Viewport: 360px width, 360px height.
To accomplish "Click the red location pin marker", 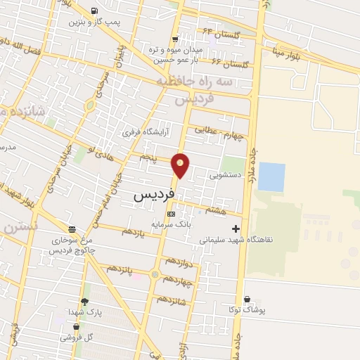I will [181, 165].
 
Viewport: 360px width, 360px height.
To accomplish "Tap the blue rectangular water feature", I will [271, 176].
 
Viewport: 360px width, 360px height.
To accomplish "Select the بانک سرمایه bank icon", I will [171, 213].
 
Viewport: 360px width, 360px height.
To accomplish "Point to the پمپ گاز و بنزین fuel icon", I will [95, 11].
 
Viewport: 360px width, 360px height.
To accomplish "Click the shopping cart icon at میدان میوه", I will [175, 39].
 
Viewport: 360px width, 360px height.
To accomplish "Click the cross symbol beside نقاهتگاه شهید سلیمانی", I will [236, 229].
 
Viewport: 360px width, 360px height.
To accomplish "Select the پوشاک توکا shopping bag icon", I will [245, 299].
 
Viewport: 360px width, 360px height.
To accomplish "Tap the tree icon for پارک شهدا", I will [84, 302].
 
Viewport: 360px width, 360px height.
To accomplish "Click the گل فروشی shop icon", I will [76, 327].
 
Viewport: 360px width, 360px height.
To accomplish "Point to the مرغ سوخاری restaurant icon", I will [72, 229].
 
